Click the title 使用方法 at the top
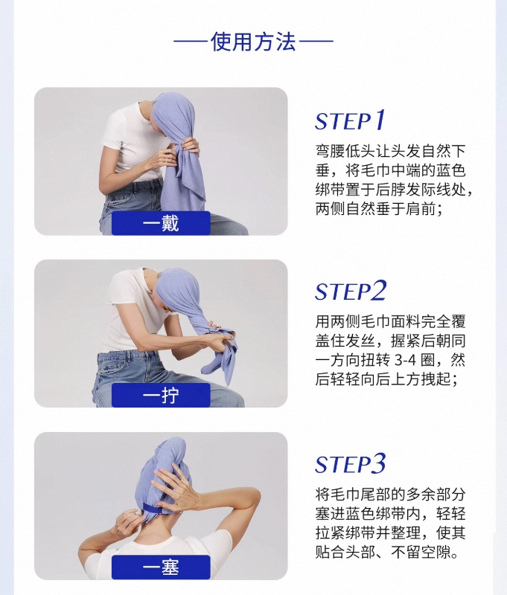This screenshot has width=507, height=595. point(253,42)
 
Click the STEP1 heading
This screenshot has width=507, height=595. point(350,120)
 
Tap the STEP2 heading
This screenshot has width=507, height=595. point(351,291)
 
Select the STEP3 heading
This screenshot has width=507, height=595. point(351,463)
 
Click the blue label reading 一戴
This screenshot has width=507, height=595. point(161,223)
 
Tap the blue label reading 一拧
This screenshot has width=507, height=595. point(161,396)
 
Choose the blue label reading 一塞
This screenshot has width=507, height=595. point(161,567)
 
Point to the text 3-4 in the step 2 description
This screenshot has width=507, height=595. point(405,359)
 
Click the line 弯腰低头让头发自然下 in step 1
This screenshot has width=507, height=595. point(390,151)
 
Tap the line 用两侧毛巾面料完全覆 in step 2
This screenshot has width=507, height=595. point(390,321)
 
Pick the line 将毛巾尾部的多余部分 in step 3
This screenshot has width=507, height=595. point(390,495)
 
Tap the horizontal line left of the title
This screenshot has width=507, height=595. point(191,41)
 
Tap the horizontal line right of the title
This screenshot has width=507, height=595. point(316,41)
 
